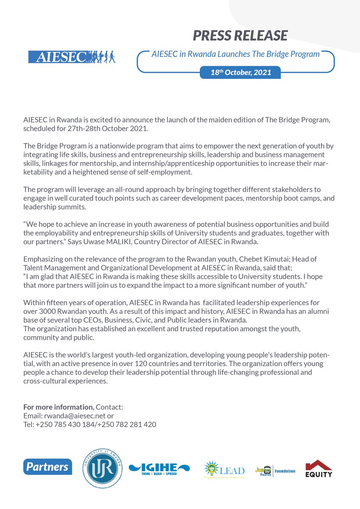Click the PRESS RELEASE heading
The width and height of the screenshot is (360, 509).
240,36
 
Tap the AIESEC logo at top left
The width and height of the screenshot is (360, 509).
72,57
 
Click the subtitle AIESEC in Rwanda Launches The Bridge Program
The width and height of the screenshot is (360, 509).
235,54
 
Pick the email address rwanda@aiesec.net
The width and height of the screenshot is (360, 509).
75,415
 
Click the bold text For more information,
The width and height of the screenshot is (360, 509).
59,407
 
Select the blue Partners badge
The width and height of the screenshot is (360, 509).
47,467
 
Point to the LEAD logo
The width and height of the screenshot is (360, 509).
224,470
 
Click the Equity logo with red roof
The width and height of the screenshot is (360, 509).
319,468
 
